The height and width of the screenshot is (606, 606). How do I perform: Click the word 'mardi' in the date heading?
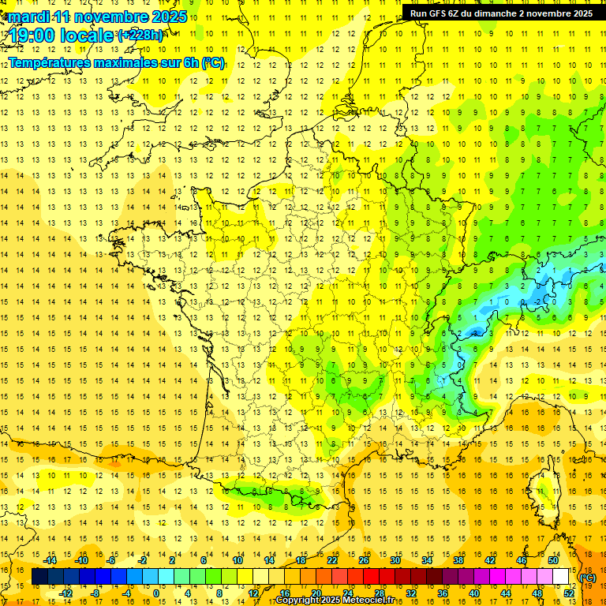click(x=28, y=17)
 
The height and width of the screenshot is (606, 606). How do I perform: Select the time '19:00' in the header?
click(x=37, y=36)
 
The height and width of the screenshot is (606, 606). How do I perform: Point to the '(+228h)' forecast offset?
click(x=141, y=36)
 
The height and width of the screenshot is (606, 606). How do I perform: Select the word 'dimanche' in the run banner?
click(x=498, y=13)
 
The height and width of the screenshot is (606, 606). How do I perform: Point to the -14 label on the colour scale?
click(x=52, y=560)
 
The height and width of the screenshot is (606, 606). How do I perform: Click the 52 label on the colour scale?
click(x=569, y=593)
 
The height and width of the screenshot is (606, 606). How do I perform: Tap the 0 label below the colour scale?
click(x=155, y=593)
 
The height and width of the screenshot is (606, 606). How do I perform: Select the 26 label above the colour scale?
click(x=364, y=560)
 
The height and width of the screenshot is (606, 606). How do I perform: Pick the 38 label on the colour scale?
click(x=458, y=560)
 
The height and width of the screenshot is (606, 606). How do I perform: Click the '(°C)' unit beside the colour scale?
click(x=588, y=578)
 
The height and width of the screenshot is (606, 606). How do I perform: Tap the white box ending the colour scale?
click(x=561, y=577)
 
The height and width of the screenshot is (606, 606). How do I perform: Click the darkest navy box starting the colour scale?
click(x=40, y=577)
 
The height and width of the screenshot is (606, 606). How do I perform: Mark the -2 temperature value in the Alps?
click(x=538, y=301)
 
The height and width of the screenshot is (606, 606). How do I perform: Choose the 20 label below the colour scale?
click(x=316, y=593)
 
